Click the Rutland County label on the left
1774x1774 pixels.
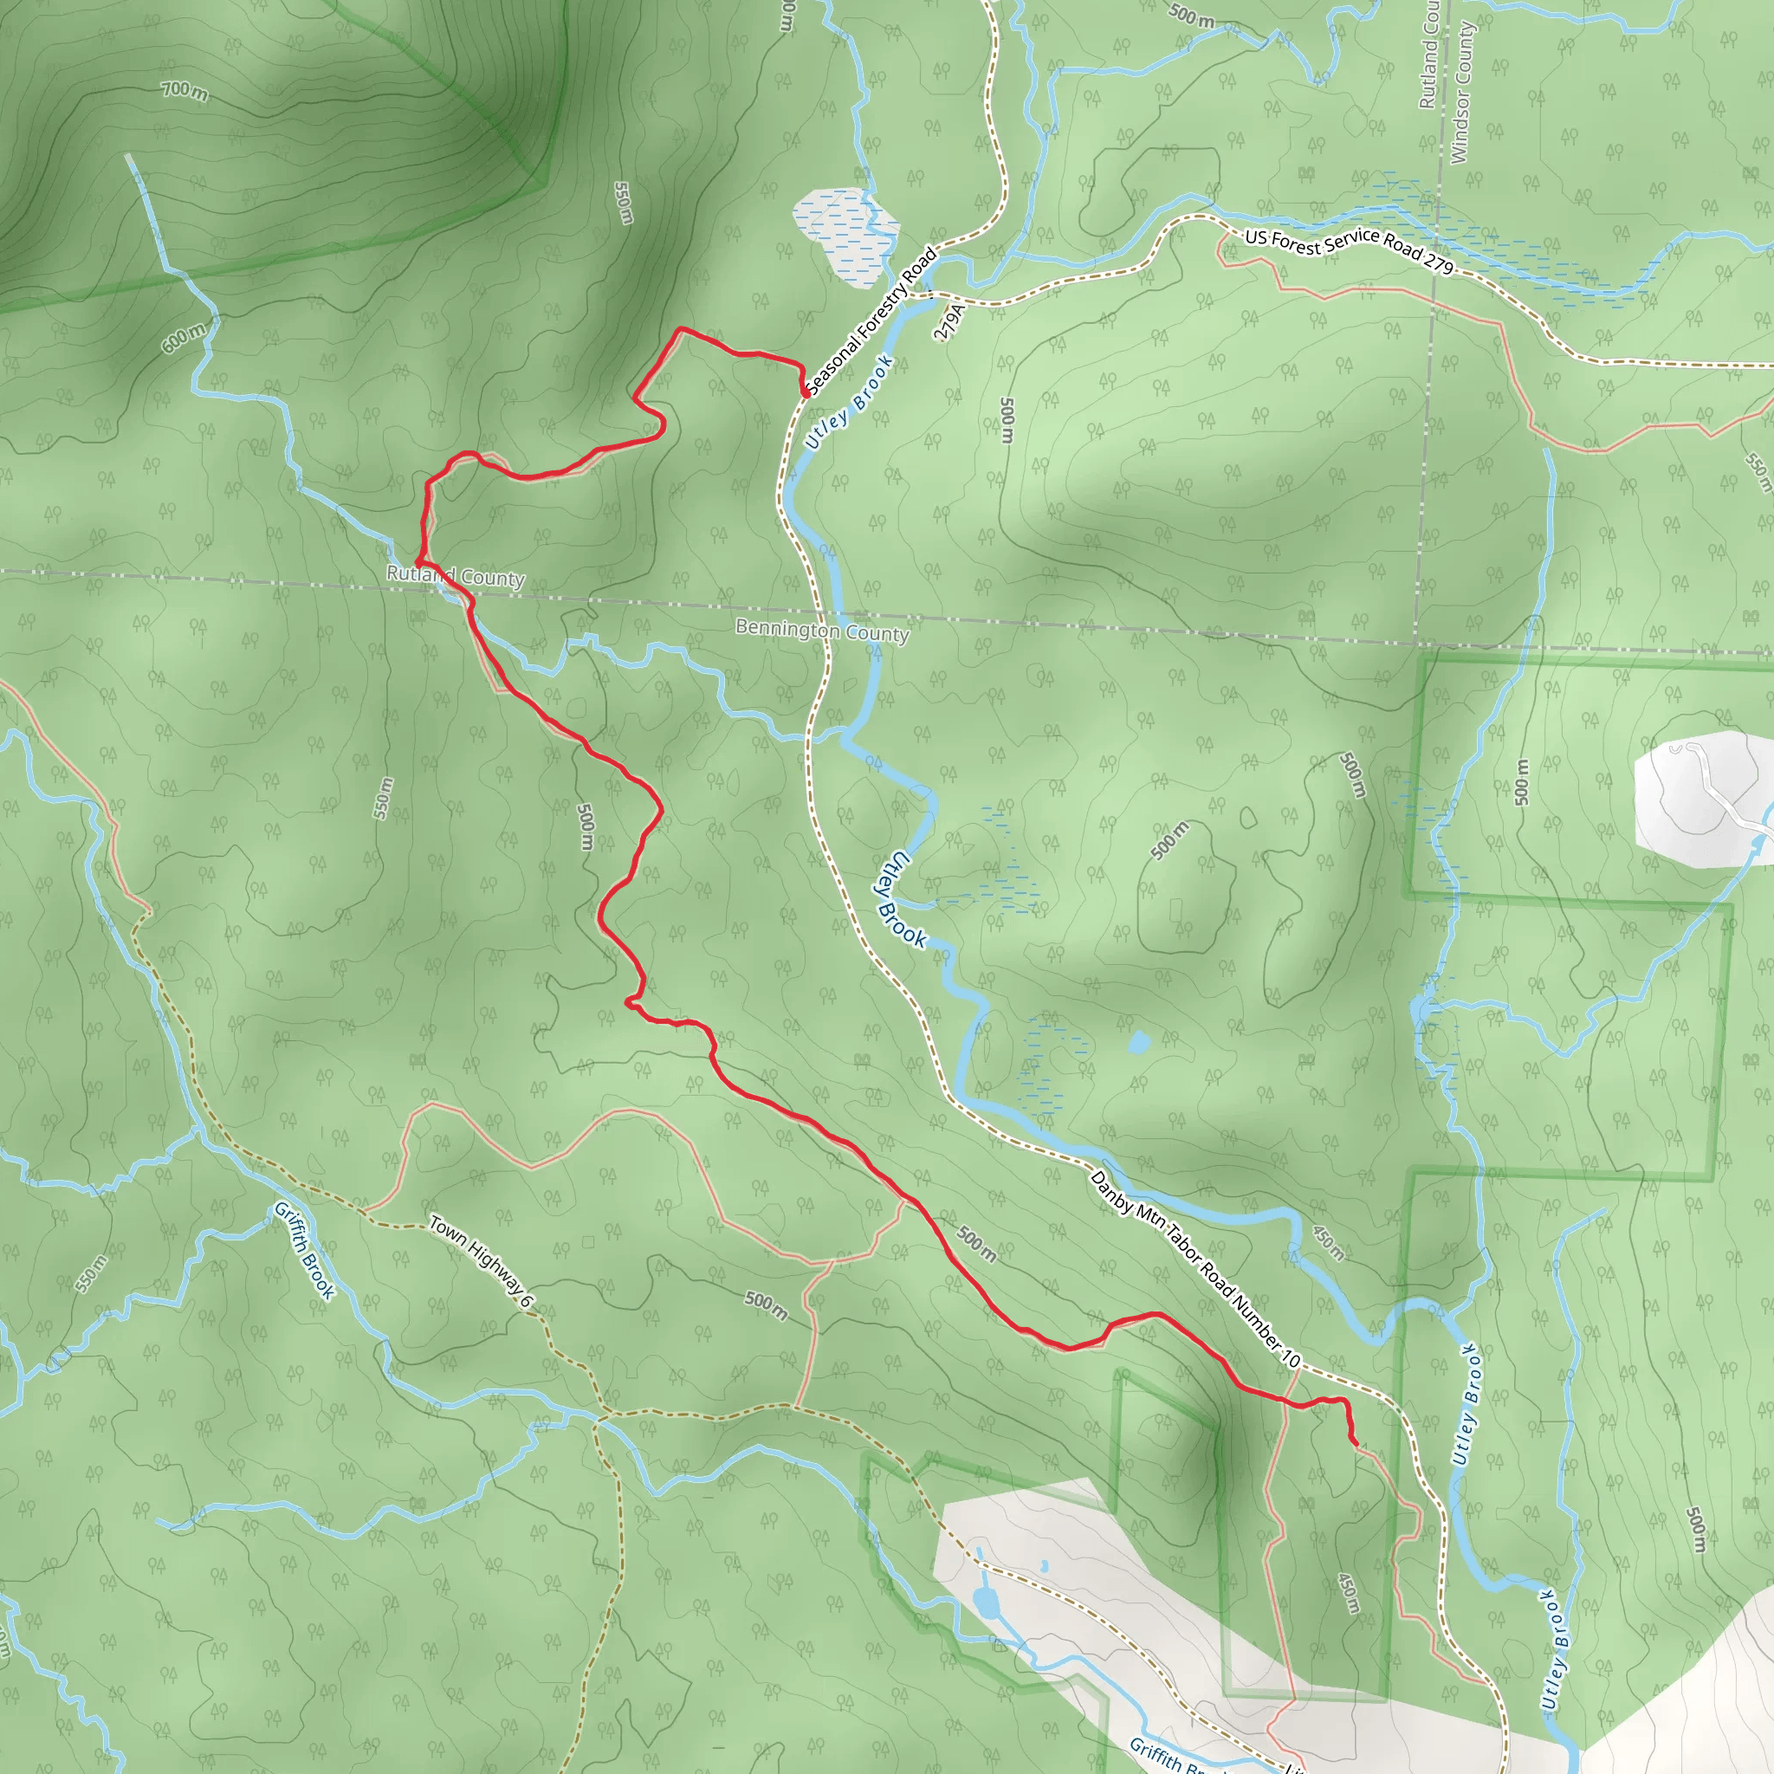(x=456, y=577)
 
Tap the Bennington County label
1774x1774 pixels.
(x=822, y=631)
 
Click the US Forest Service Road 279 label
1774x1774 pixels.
(x=1349, y=250)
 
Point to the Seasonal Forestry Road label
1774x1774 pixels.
(x=871, y=320)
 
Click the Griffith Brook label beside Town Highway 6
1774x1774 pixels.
(x=305, y=1251)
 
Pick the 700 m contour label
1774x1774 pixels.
(x=185, y=91)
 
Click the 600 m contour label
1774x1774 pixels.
(x=185, y=338)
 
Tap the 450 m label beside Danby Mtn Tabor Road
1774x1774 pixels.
(x=1328, y=1243)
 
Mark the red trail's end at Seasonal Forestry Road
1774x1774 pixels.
(x=806, y=394)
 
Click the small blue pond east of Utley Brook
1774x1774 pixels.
(x=1138, y=1042)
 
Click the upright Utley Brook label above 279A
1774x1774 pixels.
(x=850, y=401)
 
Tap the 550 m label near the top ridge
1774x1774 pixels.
(x=624, y=202)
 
